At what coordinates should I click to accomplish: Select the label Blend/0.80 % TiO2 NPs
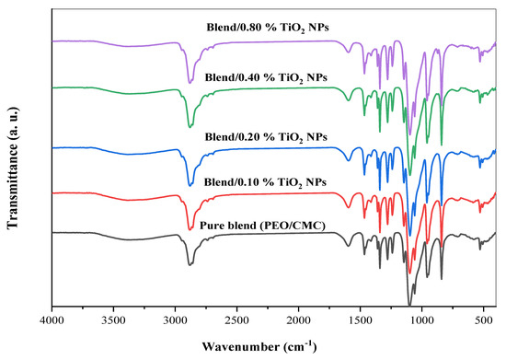tap(268, 29)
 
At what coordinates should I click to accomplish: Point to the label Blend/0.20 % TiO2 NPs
tap(268, 137)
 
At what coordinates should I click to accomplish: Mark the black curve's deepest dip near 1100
tap(409, 304)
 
